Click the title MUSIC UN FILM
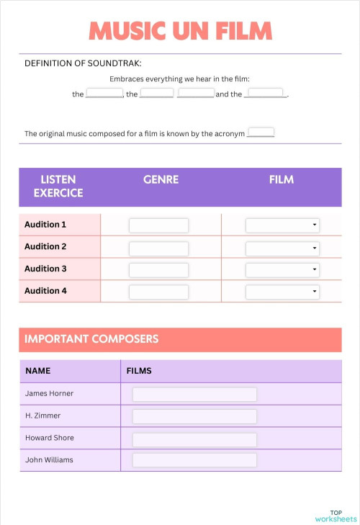180,31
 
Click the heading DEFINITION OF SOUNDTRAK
83,63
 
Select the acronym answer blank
261,133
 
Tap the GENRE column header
161,179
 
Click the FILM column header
281,179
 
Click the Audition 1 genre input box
158,225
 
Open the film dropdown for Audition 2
282,248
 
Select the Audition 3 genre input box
158,270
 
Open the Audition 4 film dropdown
282,292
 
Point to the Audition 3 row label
45,269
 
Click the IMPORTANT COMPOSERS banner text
91,338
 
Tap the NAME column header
38,372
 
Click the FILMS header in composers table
139,372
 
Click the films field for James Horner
194,395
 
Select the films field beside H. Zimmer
194,416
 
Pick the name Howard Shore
49,438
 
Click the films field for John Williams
194,460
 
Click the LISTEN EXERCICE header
58,186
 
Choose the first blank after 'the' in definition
104,94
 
